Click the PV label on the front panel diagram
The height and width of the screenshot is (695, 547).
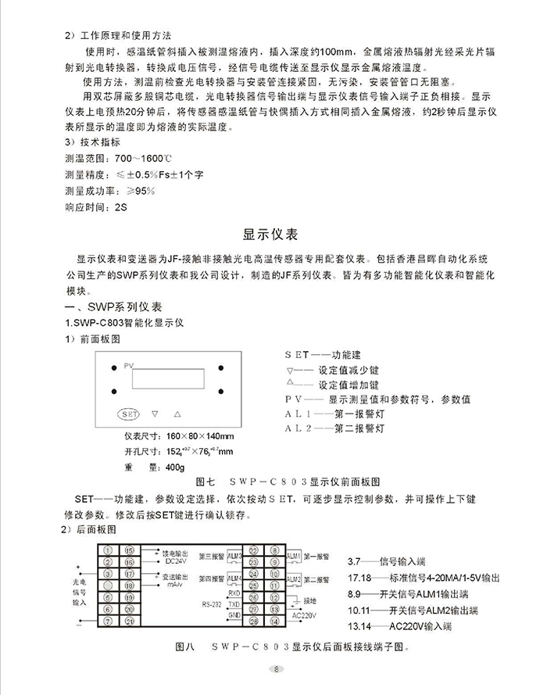click(x=129, y=365)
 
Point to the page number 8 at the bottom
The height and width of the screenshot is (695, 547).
click(x=273, y=669)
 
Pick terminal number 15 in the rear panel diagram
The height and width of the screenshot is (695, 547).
click(x=130, y=551)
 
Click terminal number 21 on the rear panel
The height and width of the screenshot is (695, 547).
click(x=130, y=622)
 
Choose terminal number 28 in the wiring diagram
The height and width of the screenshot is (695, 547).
click(x=254, y=622)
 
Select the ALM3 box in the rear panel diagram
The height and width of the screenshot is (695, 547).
click(x=234, y=556)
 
